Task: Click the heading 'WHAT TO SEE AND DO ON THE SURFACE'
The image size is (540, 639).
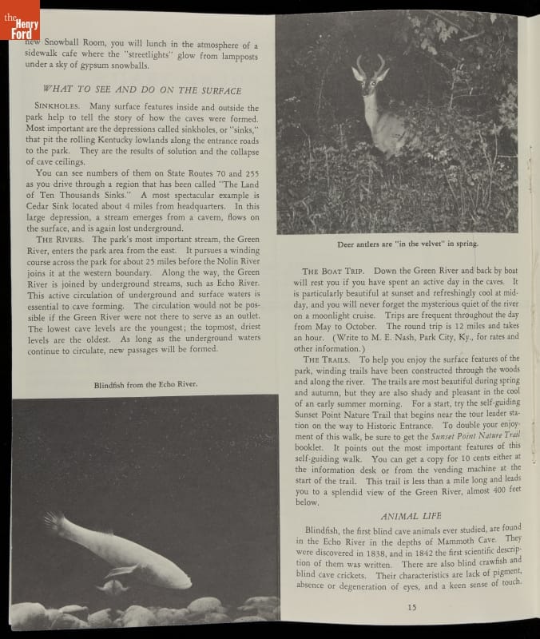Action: coord(141,90)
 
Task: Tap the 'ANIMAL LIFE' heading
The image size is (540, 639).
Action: coord(405,516)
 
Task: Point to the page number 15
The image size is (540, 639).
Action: coord(411,608)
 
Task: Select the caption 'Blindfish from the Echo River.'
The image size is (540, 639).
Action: coord(145,384)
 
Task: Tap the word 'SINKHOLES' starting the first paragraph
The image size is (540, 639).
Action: coord(59,107)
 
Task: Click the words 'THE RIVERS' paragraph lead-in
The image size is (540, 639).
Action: coord(60,240)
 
